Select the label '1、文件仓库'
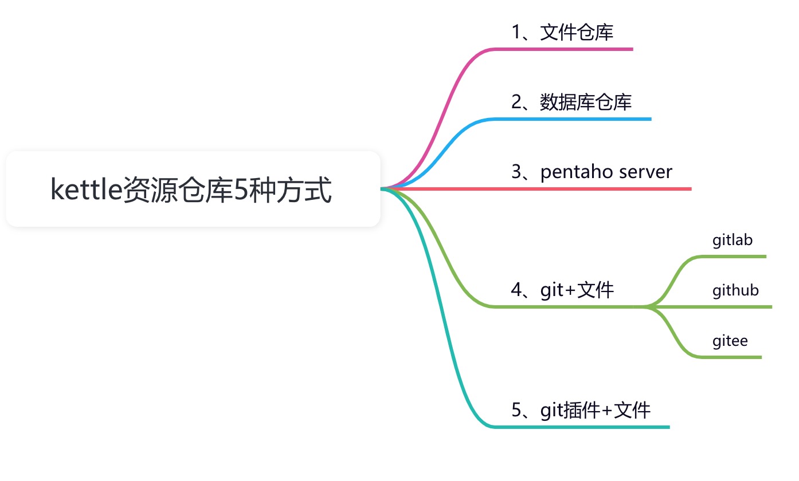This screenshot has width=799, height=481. (562, 32)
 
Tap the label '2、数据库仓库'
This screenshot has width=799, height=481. (571, 102)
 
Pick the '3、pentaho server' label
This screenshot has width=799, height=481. (592, 172)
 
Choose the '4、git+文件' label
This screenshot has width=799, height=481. (562, 290)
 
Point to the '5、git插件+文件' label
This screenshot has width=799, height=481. (581, 410)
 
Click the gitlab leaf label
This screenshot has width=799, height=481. (733, 240)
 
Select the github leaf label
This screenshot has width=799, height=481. (735, 290)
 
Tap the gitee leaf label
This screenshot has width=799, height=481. (730, 341)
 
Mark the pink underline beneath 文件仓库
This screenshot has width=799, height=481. (573, 49)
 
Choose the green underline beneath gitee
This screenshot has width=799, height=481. (734, 357)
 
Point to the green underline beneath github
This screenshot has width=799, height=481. (739, 307)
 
